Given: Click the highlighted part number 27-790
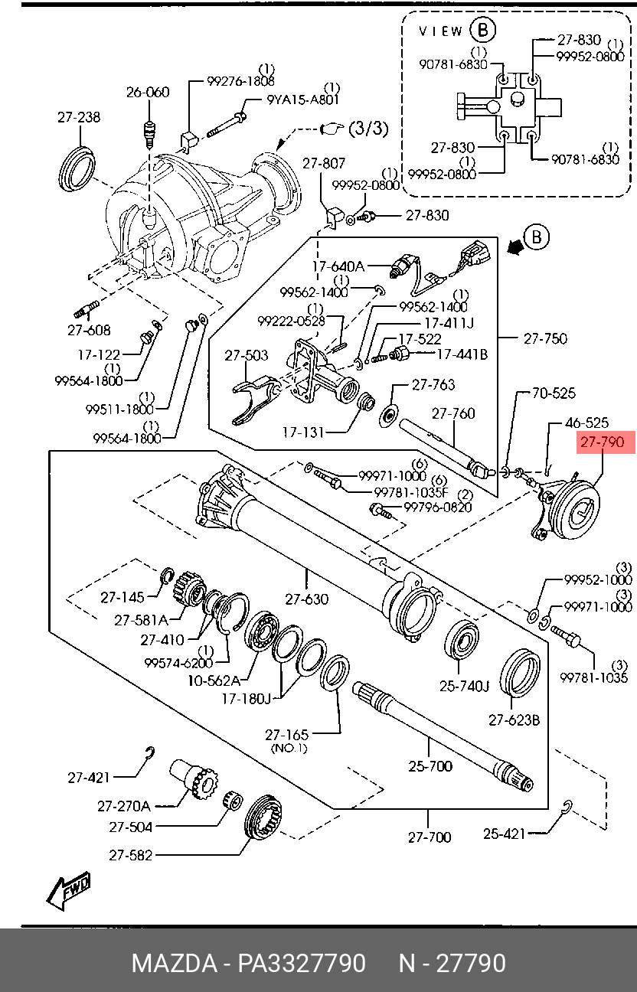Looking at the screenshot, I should [x=602, y=442].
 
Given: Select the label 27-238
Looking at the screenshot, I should [x=79, y=118].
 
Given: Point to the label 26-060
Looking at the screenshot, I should [x=148, y=93].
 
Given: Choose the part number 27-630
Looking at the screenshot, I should [x=306, y=599].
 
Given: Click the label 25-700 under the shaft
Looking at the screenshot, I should [x=430, y=765].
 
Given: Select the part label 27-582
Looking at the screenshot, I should [x=130, y=855].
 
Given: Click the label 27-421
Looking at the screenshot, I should [x=89, y=777].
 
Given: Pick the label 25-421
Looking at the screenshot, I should [x=504, y=834].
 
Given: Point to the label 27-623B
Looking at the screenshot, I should [x=514, y=720].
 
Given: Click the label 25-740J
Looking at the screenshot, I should [x=464, y=686].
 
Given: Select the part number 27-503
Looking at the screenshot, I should [x=247, y=355].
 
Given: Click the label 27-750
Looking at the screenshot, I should [x=545, y=338].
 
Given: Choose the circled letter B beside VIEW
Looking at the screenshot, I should [x=483, y=30].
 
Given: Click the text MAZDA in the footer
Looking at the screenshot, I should [x=173, y=963].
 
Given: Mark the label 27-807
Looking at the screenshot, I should [x=324, y=163].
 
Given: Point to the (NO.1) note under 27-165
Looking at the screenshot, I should [x=288, y=748].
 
